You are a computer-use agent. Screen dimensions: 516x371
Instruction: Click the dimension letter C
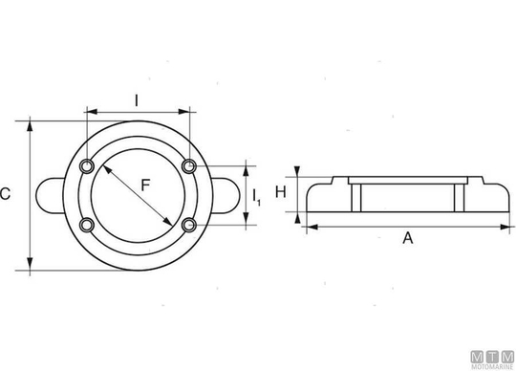(5, 193)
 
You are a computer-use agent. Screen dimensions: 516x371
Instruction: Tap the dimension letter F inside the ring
(145, 185)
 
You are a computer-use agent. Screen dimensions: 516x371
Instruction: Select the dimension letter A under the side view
(408, 238)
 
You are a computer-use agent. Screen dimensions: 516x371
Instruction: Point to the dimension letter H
(281, 192)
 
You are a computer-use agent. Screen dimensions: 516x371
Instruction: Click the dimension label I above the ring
(137, 100)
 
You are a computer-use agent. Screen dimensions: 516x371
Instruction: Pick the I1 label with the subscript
(257, 198)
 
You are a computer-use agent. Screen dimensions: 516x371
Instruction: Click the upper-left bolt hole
(87, 166)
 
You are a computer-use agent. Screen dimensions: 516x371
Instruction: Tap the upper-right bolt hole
(189, 166)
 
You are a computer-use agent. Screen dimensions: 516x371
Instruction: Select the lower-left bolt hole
(87, 225)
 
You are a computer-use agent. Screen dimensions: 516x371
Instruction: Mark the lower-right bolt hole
(189, 225)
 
